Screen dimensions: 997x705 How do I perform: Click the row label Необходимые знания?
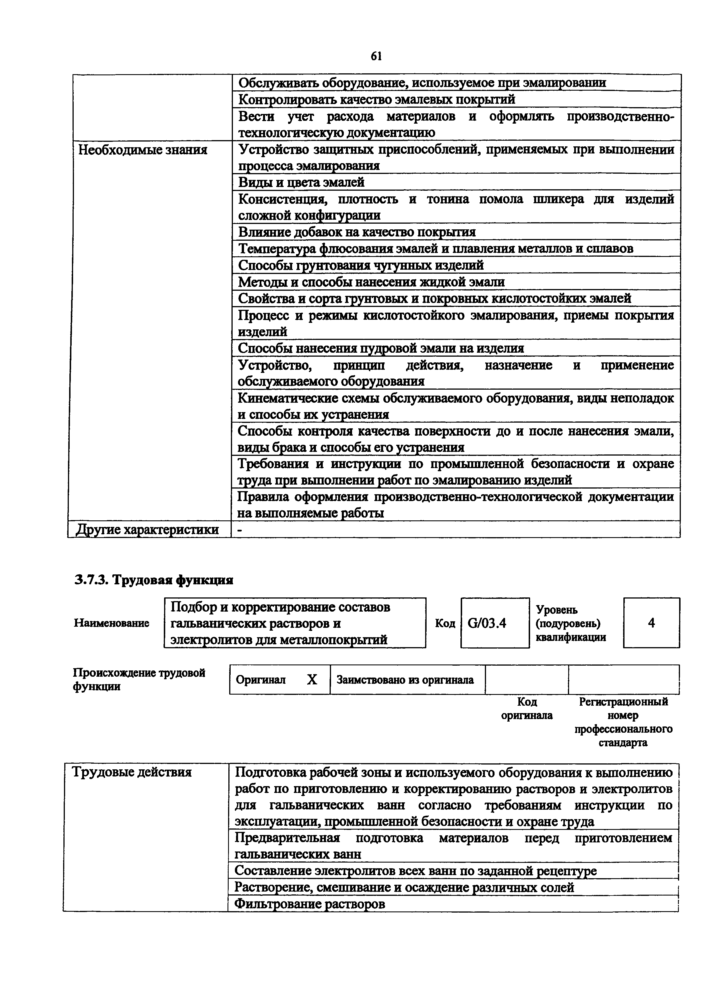tap(142, 150)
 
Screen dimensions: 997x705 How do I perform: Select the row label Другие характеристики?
tap(148, 530)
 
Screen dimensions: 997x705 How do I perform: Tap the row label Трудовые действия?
tap(132, 772)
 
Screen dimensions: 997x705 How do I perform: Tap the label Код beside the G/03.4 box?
tap(445, 624)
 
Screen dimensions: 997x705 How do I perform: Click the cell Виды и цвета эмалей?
tap(301, 182)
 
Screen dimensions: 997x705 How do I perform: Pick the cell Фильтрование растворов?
tap(310, 904)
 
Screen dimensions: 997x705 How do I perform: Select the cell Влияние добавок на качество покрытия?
tap(357, 232)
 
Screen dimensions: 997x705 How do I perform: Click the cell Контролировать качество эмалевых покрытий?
tap(377, 100)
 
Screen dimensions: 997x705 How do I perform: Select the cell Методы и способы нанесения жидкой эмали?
tap(371, 282)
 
